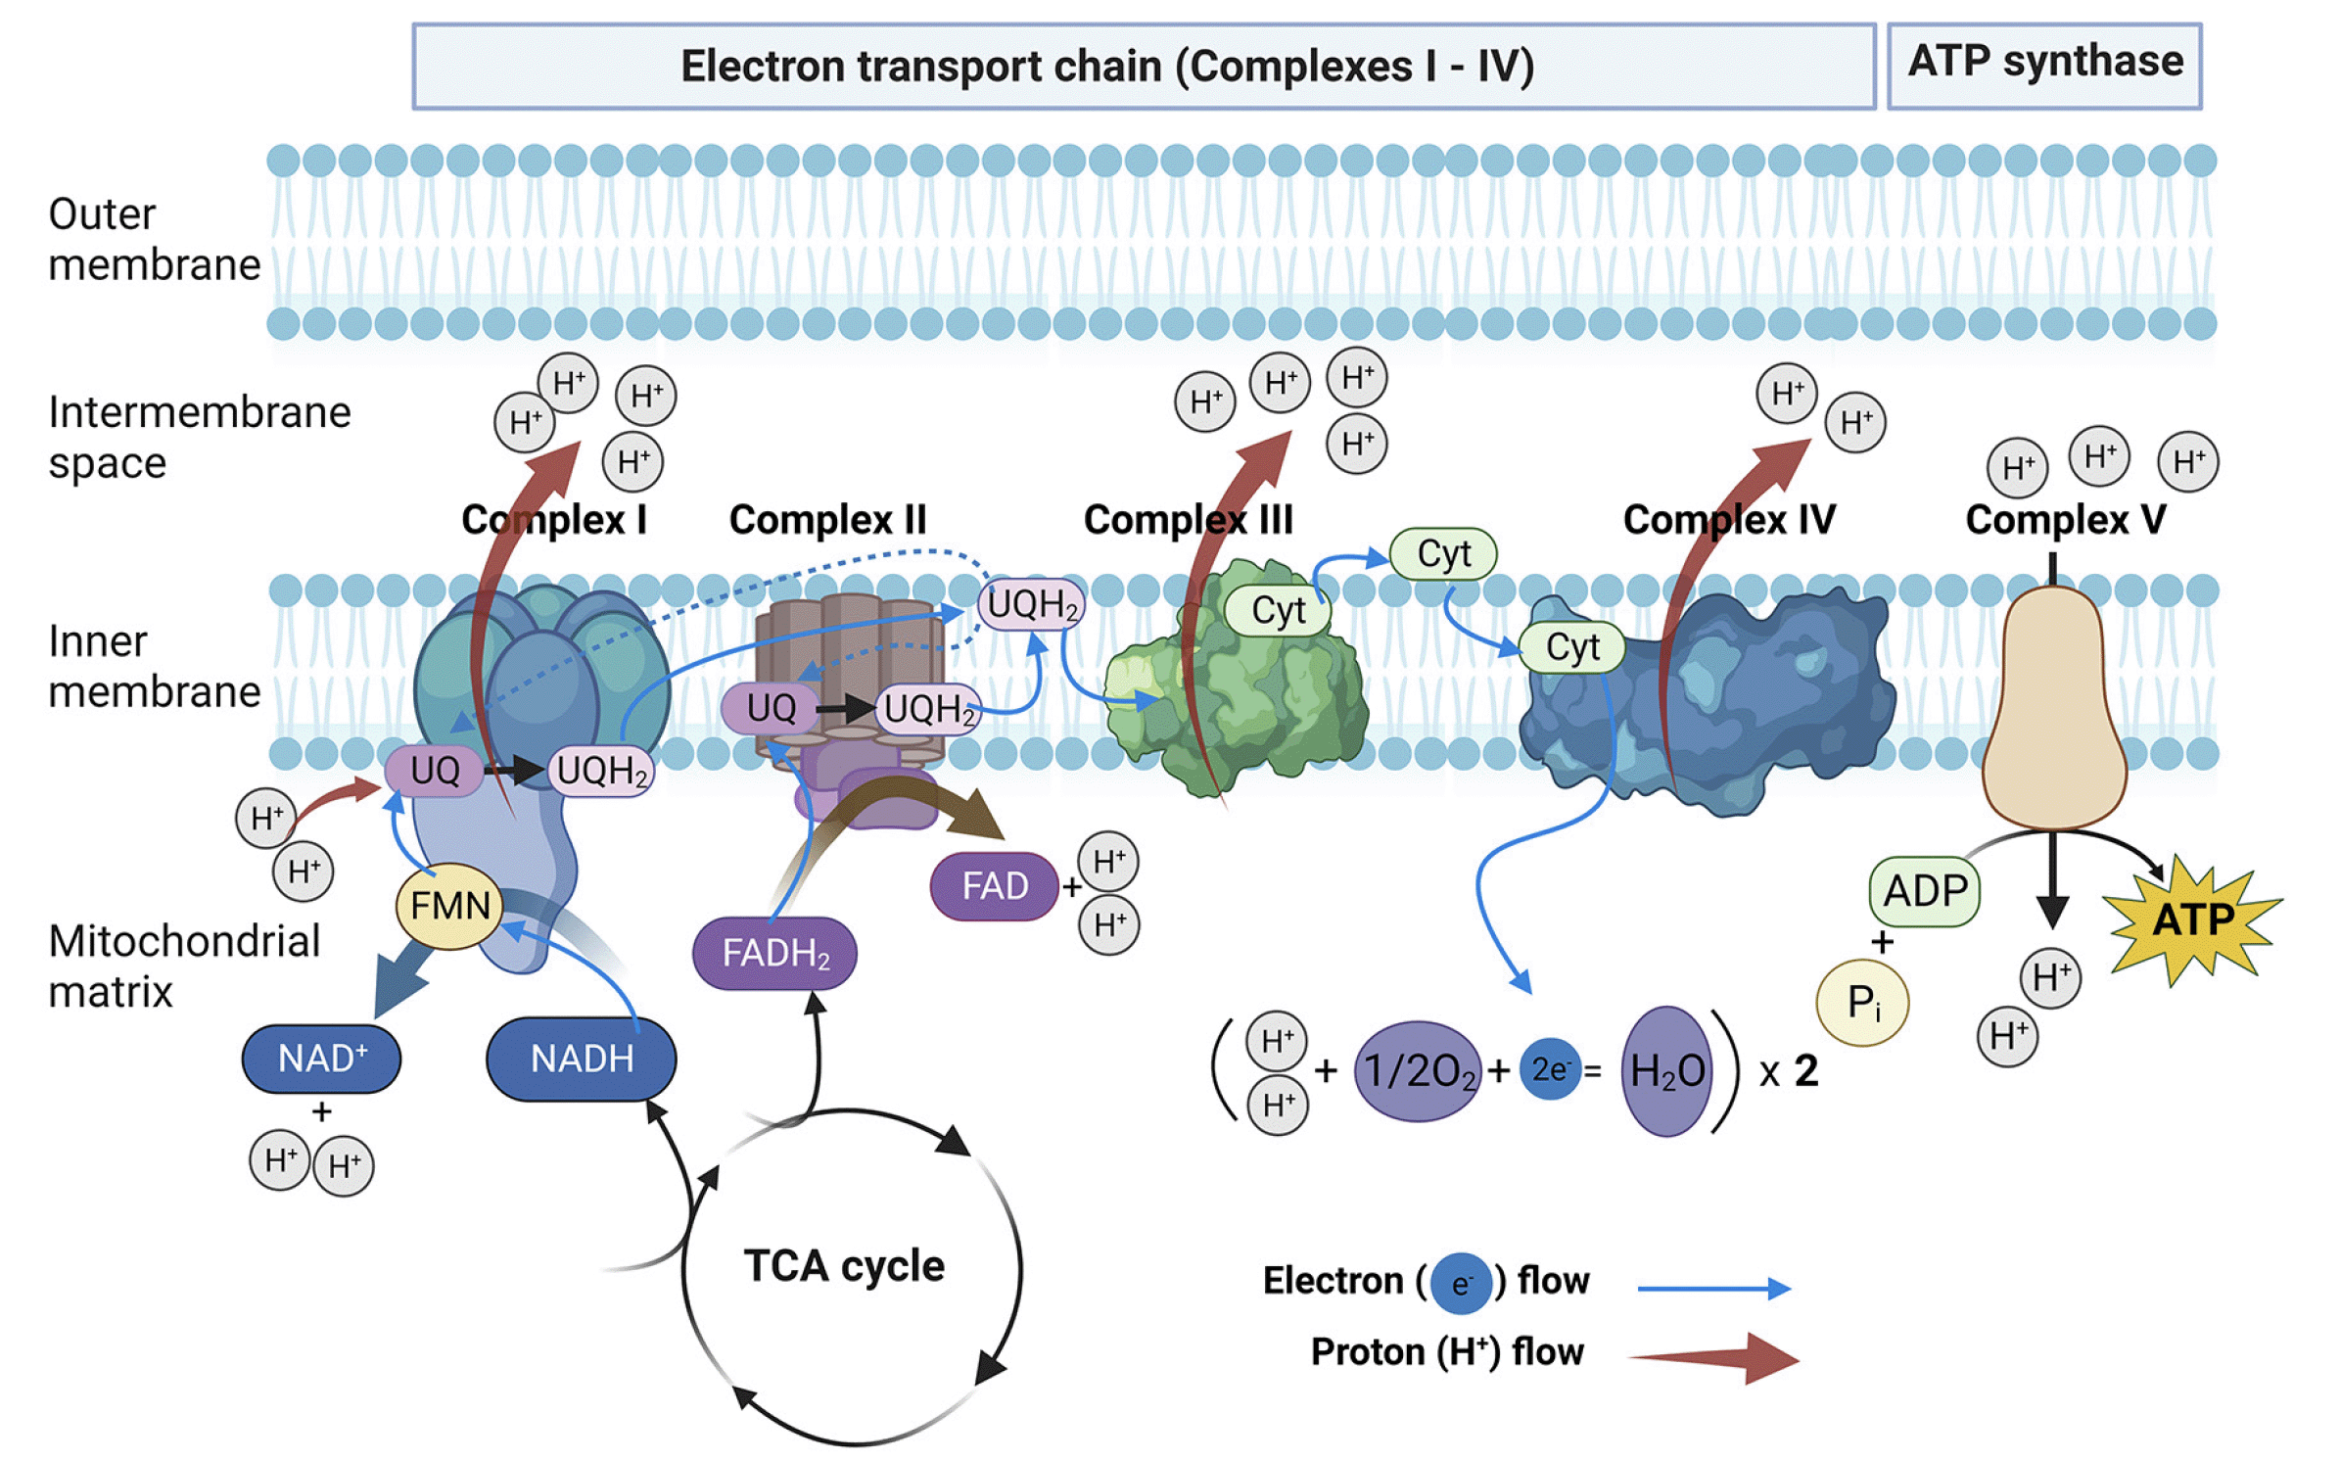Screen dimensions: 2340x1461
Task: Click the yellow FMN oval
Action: click(x=449, y=906)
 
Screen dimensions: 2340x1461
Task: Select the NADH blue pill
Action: click(x=582, y=1059)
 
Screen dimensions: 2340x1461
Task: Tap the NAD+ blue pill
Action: click(x=321, y=1059)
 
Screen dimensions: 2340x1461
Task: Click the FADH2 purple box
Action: click(x=774, y=953)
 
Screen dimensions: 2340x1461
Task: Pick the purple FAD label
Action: click(x=995, y=886)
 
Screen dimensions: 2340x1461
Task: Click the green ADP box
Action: click(x=1925, y=891)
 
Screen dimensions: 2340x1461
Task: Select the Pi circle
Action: click(x=1862, y=1002)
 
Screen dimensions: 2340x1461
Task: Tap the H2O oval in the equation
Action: click(x=1667, y=1070)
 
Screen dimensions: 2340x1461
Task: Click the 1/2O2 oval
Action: click(x=1418, y=1070)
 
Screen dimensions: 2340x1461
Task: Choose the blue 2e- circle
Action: click(x=1551, y=1069)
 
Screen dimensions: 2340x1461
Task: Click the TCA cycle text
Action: click(x=844, y=1265)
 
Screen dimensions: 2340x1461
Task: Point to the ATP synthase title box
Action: click(x=2044, y=66)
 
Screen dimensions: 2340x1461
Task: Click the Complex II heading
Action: click(x=827, y=519)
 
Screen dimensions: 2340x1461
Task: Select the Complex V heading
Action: click(x=2066, y=519)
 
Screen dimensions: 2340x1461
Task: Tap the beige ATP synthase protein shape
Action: click(x=2053, y=707)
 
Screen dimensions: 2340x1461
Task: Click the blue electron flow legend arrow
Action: click(x=1714, y=1289)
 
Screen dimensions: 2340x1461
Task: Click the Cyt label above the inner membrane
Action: click(x=1443, y=554)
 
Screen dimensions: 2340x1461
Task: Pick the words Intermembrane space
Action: click(x=200, y=438)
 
